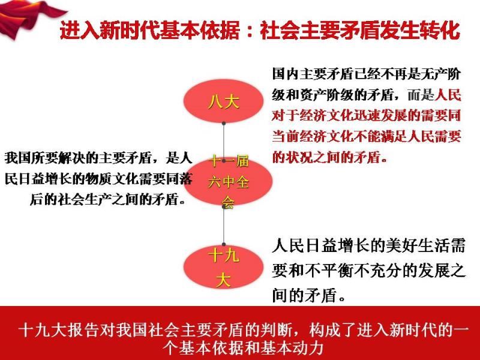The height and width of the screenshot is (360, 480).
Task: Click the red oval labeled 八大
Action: coord(223,101)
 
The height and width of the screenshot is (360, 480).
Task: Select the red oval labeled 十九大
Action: coord(223,267)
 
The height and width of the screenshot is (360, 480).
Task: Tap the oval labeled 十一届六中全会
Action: coord(228,182)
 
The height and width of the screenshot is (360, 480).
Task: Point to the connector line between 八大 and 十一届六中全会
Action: coord(224,142)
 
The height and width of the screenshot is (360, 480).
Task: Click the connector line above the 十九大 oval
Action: coord(224,226)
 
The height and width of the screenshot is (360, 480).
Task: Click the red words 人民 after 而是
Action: coord(448,95)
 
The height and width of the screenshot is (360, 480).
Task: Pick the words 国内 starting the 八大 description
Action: coord(285,74)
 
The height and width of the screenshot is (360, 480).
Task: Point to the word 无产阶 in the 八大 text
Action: coord(440,74)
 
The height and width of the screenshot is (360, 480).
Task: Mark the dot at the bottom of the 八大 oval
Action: coord(224,124)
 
